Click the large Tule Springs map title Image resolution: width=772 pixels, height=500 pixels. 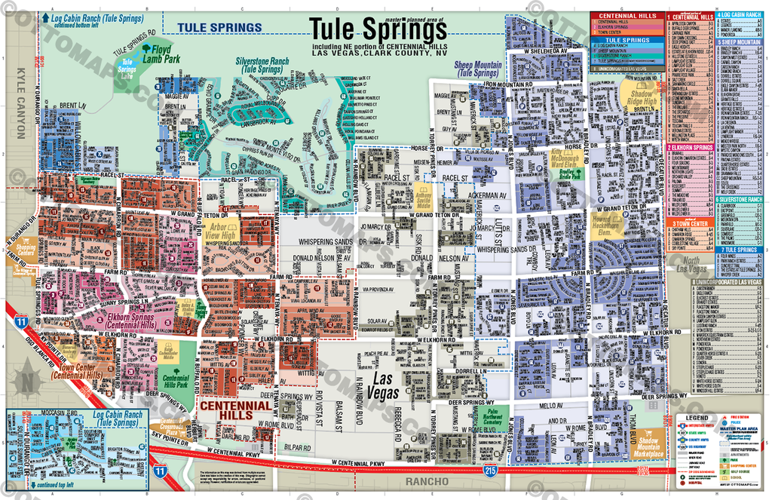tap(378, 29)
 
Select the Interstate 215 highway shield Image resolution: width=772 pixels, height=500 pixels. tap(489, 470)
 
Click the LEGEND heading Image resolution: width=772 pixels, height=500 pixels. tap(696, 416)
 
